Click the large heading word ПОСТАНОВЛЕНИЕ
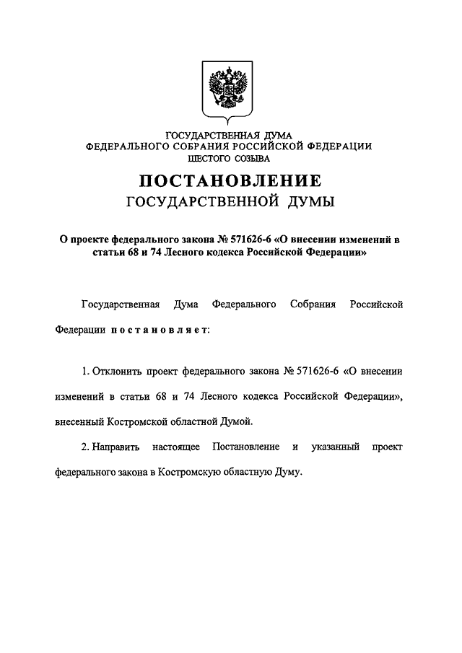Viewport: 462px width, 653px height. [x=230, y=180]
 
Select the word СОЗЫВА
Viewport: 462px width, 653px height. [x=251, y=157]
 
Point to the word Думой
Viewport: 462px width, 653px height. [x=240, y=421]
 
